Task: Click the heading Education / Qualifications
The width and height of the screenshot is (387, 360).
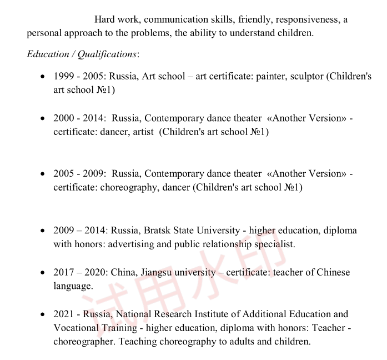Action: (x=82, y=54)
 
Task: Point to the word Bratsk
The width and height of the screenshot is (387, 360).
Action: (x=160, y=230)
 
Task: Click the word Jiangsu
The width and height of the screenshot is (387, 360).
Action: (x=160, y=272)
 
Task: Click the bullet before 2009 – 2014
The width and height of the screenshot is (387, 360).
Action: (x=43, y=231)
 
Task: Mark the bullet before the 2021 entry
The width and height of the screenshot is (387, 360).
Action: (x=43, y=314)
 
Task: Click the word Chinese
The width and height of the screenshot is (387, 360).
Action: (x=333, y=272)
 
